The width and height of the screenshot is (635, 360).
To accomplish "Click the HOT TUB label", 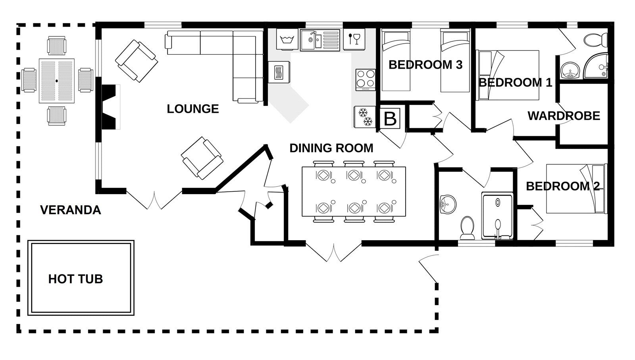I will [75, 279].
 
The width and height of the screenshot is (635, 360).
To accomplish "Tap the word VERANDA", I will [71, 210].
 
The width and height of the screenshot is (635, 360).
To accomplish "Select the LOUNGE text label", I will [192, 109].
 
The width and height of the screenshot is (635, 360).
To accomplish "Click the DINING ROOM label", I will [331, 148].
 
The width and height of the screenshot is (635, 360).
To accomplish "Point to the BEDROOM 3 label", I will [425, 65].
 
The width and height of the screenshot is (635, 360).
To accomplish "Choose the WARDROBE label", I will [564, 116].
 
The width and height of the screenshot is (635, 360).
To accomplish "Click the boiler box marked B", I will [391, 119].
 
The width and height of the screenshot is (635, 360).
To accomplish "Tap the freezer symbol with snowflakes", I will [364, 117].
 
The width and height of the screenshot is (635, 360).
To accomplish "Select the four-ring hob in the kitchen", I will [366, 79].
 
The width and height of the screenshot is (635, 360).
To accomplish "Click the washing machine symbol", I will [287, 39].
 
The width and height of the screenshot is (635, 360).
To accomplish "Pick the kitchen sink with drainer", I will [320, 39].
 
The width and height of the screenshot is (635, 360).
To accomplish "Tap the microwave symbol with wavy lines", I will [279, 73].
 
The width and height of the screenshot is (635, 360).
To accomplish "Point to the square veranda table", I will [57, 81].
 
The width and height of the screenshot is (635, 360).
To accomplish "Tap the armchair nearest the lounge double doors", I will [201, 158].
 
